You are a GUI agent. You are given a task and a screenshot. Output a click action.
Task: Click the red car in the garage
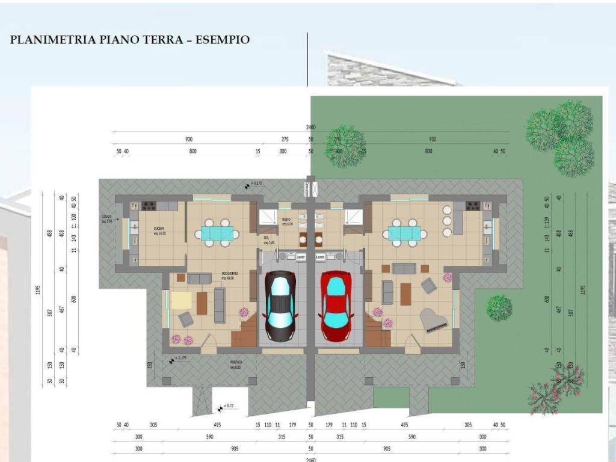coord(336,307)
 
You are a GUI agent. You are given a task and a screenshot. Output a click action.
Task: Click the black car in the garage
coord(281,307)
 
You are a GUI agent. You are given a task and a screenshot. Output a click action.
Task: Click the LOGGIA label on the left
coord(108,220)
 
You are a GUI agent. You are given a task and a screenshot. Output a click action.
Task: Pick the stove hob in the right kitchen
coord(473,206)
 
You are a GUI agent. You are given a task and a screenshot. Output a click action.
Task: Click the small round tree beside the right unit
coord(499,307)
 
